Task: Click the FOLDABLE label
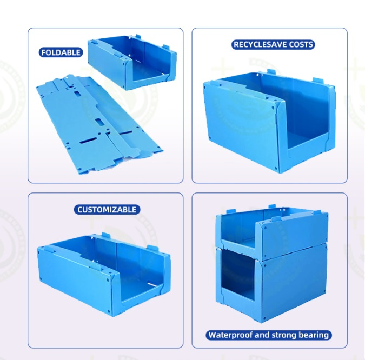pyautogui.click(x=61, y=52)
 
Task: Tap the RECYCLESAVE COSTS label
pyautogui.click(x=273, y=44)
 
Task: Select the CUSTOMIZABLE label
pyautogui.click(x=107, y=209)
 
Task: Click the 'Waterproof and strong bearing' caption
pyautogui.click(x=269, y=335)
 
